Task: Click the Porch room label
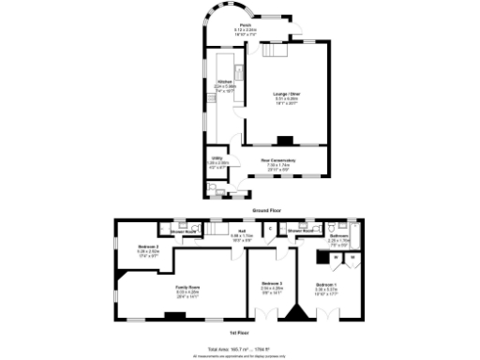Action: [x=246, y=25]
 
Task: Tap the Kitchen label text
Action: [x=224, y=82]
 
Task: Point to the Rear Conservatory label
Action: [x=278, y=160]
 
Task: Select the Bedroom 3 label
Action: [x=271, y=283]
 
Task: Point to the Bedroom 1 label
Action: [x=325, y=284]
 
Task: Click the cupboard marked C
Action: [x=270, y=228]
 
